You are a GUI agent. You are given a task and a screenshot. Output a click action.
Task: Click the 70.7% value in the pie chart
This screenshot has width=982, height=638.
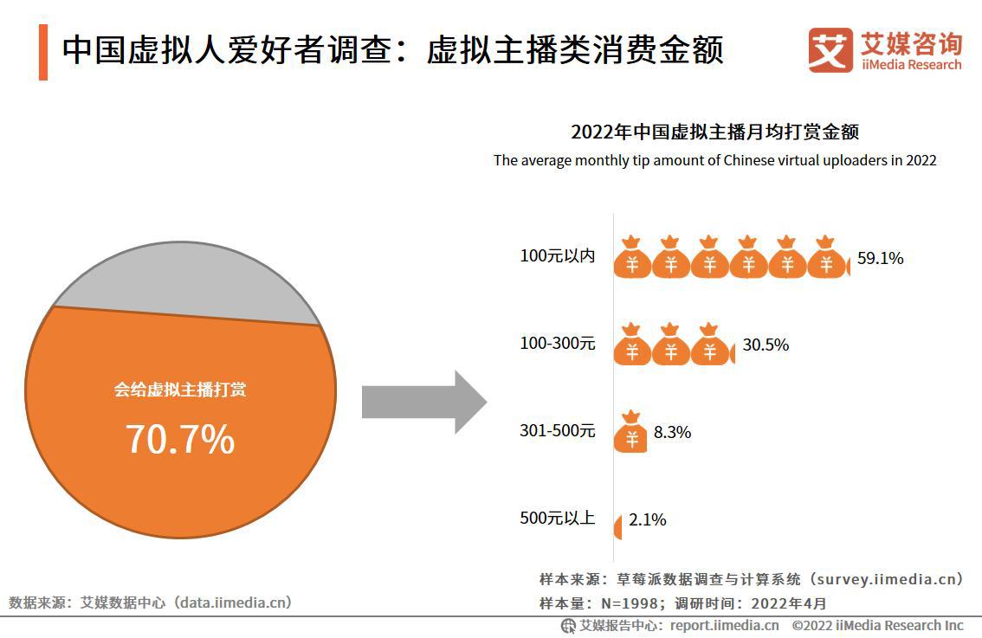pos(180,439)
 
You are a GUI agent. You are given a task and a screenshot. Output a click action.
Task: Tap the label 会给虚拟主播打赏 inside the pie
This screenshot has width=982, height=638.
pos(180,390)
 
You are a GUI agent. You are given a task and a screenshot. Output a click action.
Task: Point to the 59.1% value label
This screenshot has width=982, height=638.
pos(880,258)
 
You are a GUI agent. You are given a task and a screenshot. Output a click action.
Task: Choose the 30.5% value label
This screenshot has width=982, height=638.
pos(766,345)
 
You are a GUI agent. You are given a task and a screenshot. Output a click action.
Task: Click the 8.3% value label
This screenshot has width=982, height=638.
pos(672,432)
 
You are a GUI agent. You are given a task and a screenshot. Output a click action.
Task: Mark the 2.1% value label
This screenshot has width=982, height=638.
pos(647,519)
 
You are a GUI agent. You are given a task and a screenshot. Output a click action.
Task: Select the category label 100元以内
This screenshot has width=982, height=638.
pos(557,256)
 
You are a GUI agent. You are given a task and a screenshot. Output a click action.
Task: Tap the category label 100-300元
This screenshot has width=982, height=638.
pos(557,344)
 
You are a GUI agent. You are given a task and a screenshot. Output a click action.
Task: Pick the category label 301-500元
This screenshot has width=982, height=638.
pos(557,431)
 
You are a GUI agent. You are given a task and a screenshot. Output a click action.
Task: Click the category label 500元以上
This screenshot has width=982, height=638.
pos(557,519)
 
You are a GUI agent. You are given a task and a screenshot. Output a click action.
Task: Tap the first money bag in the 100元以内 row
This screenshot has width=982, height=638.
pos(632,257)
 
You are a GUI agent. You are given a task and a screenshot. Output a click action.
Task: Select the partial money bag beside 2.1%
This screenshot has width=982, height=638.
pos(617,526)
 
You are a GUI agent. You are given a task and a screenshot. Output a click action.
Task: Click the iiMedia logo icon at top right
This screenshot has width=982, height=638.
pos(830,50)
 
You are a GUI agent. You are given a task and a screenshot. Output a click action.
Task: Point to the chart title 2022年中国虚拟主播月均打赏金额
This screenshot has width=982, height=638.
pos(714,132)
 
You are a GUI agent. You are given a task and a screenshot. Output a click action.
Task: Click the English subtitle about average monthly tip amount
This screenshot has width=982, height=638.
pos(714,160)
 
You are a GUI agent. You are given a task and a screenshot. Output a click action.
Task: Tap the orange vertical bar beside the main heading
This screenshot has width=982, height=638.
pos(43,52)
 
